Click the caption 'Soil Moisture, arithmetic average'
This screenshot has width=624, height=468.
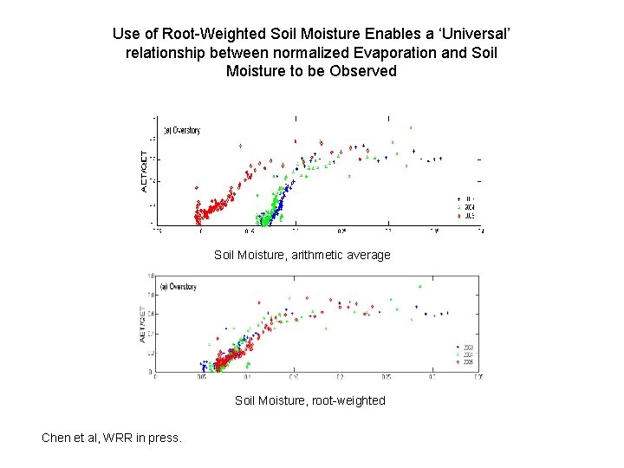(302, 255)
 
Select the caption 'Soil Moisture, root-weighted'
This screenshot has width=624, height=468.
(309, 400)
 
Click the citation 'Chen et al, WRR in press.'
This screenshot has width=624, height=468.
(112, 438)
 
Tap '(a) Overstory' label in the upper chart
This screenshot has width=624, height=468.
(182, 131)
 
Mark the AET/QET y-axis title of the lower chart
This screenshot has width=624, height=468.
(142, 323)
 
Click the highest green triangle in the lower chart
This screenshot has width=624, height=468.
(420, 286)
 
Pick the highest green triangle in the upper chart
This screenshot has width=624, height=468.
(411, 127)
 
